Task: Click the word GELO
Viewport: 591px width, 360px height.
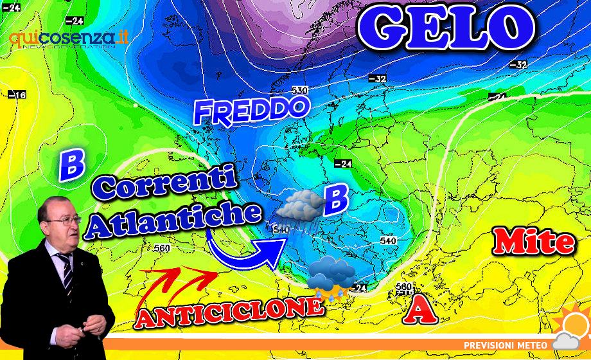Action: coord(446,27)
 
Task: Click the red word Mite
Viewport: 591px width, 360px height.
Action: coord(533,242)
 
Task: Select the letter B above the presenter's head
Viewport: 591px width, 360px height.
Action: coord(71,165)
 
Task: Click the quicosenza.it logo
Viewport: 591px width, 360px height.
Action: coord(68,38)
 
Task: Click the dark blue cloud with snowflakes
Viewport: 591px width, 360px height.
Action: coord(330,278)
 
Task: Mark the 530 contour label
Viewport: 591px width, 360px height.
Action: coord(299,91)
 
